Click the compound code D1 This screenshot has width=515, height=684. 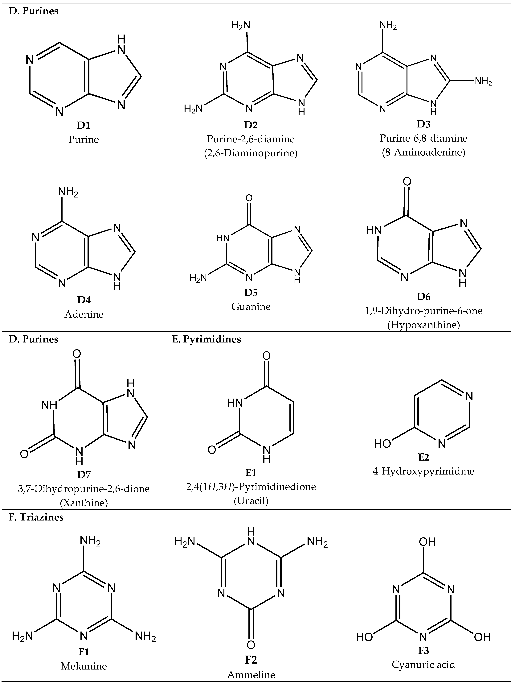84,125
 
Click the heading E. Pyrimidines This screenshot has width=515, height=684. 206,339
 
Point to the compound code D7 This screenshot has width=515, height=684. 84,474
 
